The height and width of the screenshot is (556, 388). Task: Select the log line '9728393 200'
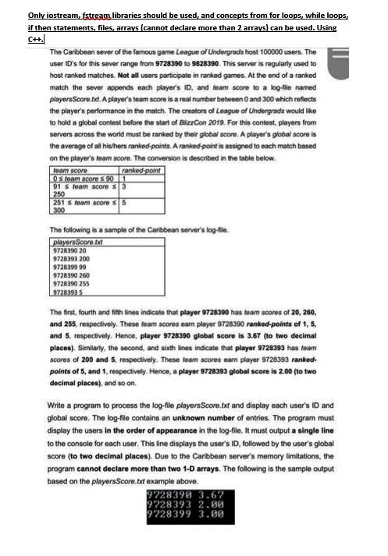[x=69, y=258]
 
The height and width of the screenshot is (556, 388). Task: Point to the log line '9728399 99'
[x=67, y=266]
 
